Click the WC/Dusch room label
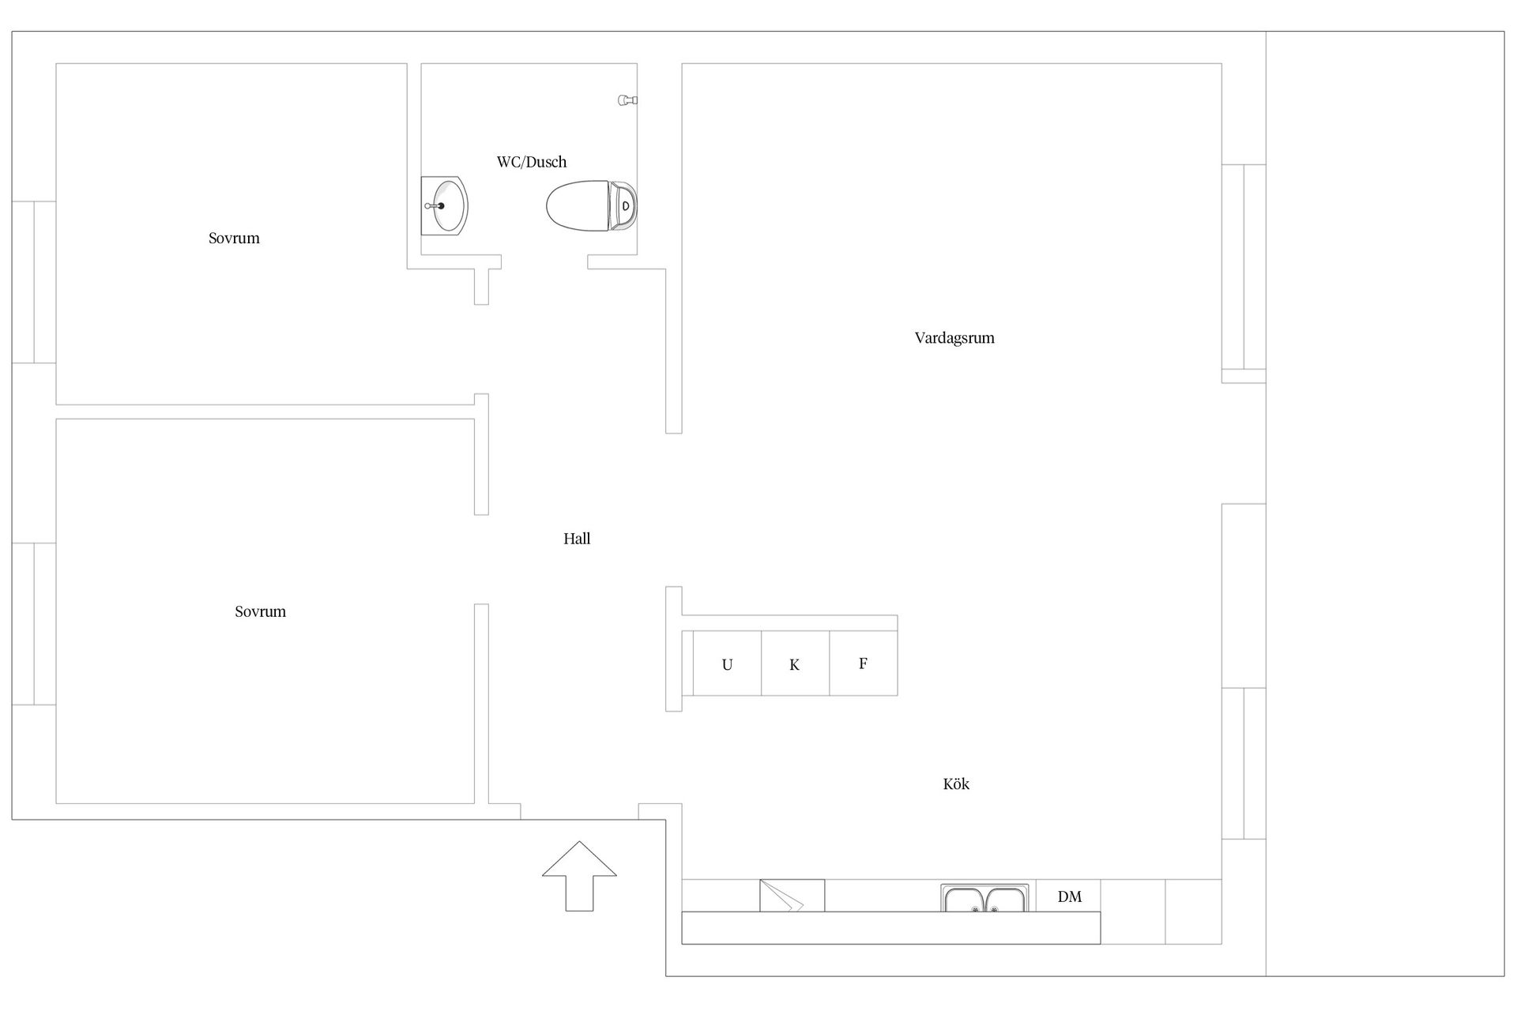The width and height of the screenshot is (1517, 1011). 531,162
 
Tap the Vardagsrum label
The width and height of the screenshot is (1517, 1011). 954,338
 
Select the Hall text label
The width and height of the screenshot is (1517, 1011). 577,539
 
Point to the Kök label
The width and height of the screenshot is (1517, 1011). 956,784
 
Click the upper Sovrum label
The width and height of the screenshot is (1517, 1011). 234,238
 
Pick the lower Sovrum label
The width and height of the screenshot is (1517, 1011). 260,611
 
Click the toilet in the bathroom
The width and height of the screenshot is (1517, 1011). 592,206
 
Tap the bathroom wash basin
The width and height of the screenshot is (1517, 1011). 444,205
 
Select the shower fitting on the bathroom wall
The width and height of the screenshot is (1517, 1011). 627,100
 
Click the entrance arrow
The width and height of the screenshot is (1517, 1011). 579,875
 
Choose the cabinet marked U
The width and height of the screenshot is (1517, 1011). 727,663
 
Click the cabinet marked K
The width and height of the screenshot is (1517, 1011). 796,663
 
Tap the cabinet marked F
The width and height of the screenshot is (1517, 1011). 864,663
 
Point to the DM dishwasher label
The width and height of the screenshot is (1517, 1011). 1069,896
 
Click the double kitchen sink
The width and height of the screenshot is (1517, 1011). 984,898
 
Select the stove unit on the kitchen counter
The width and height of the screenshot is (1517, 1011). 792,896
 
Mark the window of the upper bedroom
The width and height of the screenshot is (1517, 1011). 34,282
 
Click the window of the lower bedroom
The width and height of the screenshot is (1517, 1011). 34,624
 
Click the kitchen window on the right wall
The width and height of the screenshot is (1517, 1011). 1244,763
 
